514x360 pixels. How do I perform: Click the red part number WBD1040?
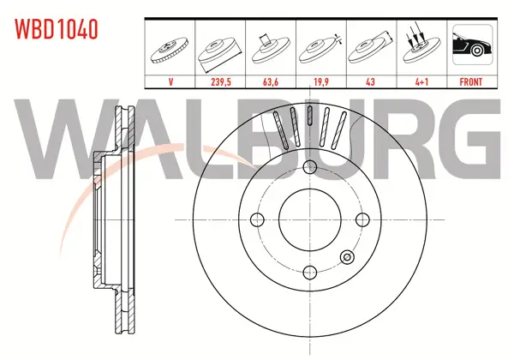tap(56, 29)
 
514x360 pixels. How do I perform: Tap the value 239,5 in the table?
tap(221, 81)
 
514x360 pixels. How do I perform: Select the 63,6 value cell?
tap(271, 81)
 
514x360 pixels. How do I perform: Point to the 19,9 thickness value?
tap(321, 81)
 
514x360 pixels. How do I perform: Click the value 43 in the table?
tap(370, 81)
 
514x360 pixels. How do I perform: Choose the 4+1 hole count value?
tap(421, 81)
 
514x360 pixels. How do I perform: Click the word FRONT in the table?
tap(471, 81)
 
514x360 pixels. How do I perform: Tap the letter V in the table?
tap(170, 81)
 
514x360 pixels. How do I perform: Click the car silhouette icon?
tap(472, 45)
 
